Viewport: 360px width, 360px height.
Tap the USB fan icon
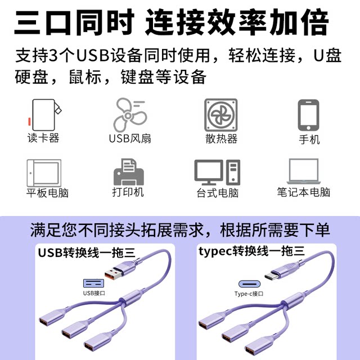click(x=130, y=114)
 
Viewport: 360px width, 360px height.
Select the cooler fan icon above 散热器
click(x=221, y=115)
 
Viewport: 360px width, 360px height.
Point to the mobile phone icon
click(x=309, y=115)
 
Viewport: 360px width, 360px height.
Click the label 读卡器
click(x=43, y=138)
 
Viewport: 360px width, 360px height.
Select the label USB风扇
click(x=130, y=138)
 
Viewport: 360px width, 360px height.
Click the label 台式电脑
click(x=217, y=193)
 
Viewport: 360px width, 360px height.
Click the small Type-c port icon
click(x=249, y=283)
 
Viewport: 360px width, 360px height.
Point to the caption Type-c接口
click(x=249, y=294)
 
